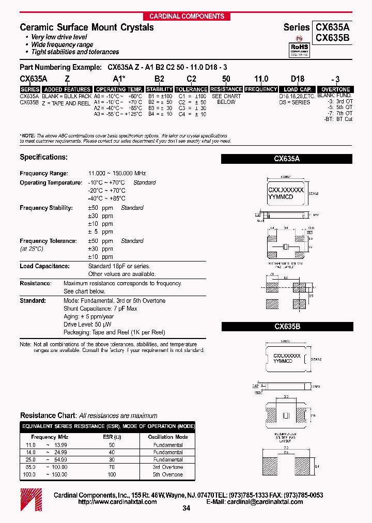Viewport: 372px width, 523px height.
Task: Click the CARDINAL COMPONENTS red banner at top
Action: [187, 16]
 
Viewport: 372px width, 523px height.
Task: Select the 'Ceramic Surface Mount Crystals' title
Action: [87, 27]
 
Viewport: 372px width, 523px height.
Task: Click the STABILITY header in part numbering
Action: [159, 89]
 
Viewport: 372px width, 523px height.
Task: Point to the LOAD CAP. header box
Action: [298, 89]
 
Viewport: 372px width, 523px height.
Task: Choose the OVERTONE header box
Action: [336, 89]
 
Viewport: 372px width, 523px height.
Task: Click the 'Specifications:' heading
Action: [43, 157]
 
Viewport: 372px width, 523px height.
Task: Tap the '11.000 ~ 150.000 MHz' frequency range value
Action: [117, 174]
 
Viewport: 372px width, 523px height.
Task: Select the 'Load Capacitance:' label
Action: [44, 266]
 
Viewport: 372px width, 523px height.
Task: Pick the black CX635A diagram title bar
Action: [287, 160]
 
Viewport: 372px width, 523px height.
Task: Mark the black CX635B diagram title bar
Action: [287, 327]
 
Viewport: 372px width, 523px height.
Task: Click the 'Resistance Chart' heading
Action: [48, 416]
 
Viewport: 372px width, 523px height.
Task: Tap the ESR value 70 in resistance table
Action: [111, 467]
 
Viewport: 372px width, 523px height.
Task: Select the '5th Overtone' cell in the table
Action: [168, 474]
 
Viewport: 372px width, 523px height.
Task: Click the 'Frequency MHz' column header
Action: [51, 437]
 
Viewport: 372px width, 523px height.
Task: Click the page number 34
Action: [187, 509]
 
